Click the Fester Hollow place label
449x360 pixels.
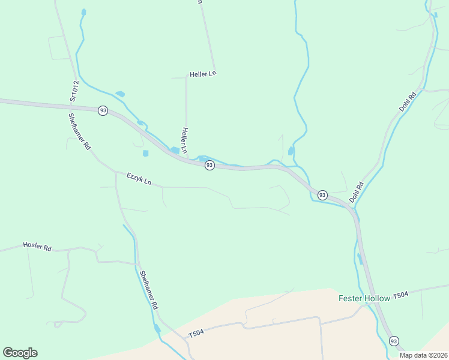[364, 298]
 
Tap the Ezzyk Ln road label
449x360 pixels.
[139, 178]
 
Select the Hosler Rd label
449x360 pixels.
[37, 246]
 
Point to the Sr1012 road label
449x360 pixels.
[74, 92]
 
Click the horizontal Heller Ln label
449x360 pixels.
[202, 74]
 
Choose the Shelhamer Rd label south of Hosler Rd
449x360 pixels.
[149, 290]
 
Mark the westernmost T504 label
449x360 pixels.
[196, 334]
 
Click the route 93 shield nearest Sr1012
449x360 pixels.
[103, 111]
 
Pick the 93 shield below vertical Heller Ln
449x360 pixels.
[209, 165]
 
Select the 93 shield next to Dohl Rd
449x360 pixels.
[322, 195]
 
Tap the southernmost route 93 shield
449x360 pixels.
[394, 341]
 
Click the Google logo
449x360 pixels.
[20, 353]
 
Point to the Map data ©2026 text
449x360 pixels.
[423, 355]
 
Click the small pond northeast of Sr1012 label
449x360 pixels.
[120, 94]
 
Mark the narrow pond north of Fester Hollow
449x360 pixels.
[360, 259]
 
